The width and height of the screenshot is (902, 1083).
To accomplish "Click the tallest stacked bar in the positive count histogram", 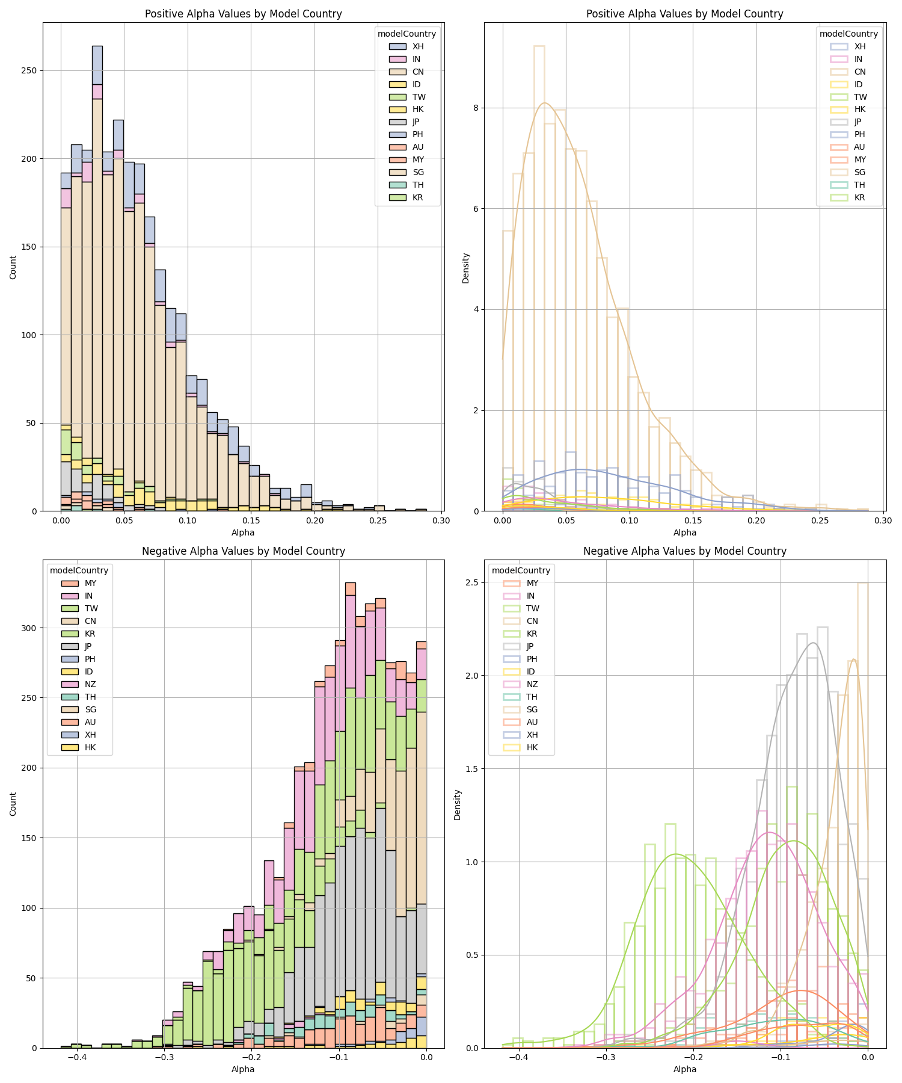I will [97, 277].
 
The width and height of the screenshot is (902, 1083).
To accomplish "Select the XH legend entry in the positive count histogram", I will [418, 46].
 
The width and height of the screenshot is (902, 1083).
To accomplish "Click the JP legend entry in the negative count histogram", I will [88, 646].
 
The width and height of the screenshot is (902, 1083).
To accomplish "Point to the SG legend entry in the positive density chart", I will [860, 172].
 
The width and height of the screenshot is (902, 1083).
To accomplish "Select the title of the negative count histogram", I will [244, 551].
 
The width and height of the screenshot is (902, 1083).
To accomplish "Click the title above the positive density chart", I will [685, 14].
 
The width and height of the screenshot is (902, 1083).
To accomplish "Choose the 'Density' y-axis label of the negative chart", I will [458, 804].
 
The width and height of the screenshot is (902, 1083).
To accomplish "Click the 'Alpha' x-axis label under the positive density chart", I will [685, 532].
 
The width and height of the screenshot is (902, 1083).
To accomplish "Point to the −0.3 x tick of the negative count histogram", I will [164, 1057].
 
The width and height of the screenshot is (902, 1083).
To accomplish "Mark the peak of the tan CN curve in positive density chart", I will [544, 103].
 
